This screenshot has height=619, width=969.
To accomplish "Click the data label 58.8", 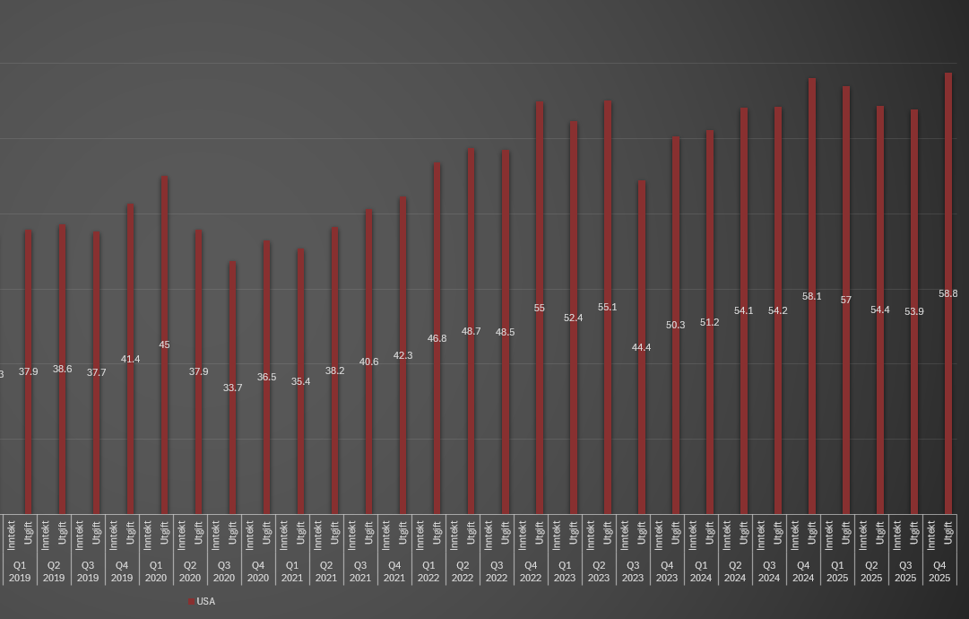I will pos(948,293).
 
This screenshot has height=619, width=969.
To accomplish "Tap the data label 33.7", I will pos(233,388).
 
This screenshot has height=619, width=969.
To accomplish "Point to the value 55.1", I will pos(608,307).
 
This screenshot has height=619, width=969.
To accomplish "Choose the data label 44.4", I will pos(642,347).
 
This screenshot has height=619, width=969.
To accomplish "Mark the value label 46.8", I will pos(437,338).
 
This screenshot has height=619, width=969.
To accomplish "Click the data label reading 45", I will pos(165,344).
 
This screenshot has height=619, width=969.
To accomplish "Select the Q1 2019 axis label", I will pos(20,571).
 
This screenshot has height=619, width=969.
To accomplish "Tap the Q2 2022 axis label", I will pos(463,571).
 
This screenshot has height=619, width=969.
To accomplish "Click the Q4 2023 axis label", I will pos(667,571).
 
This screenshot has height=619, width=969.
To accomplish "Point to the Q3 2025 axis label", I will pos(905,571).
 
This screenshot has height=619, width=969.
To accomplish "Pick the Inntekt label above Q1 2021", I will pos(284,535).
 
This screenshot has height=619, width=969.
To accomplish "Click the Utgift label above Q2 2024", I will pos(744,534).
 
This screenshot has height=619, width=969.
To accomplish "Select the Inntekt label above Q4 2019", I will pos(114,535).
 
